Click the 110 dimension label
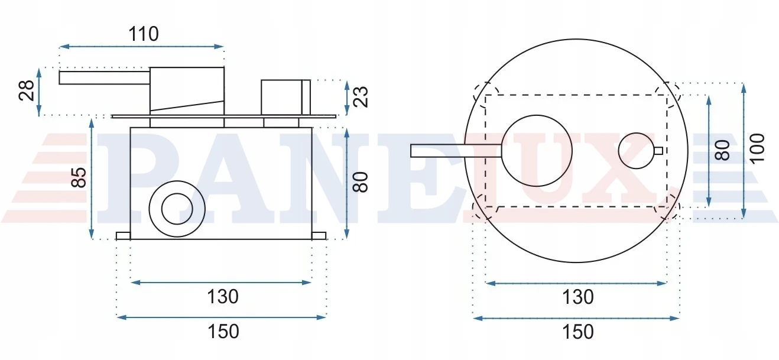(144, 34)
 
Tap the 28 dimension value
(27, 90)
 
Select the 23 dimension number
(361, 97)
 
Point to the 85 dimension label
(79, 177)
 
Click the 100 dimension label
(757, 148)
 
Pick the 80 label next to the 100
(722, 150)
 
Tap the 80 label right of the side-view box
(361, 182)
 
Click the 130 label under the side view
(223, 297)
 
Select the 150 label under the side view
(223, 331)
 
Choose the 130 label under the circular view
(578, 297)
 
